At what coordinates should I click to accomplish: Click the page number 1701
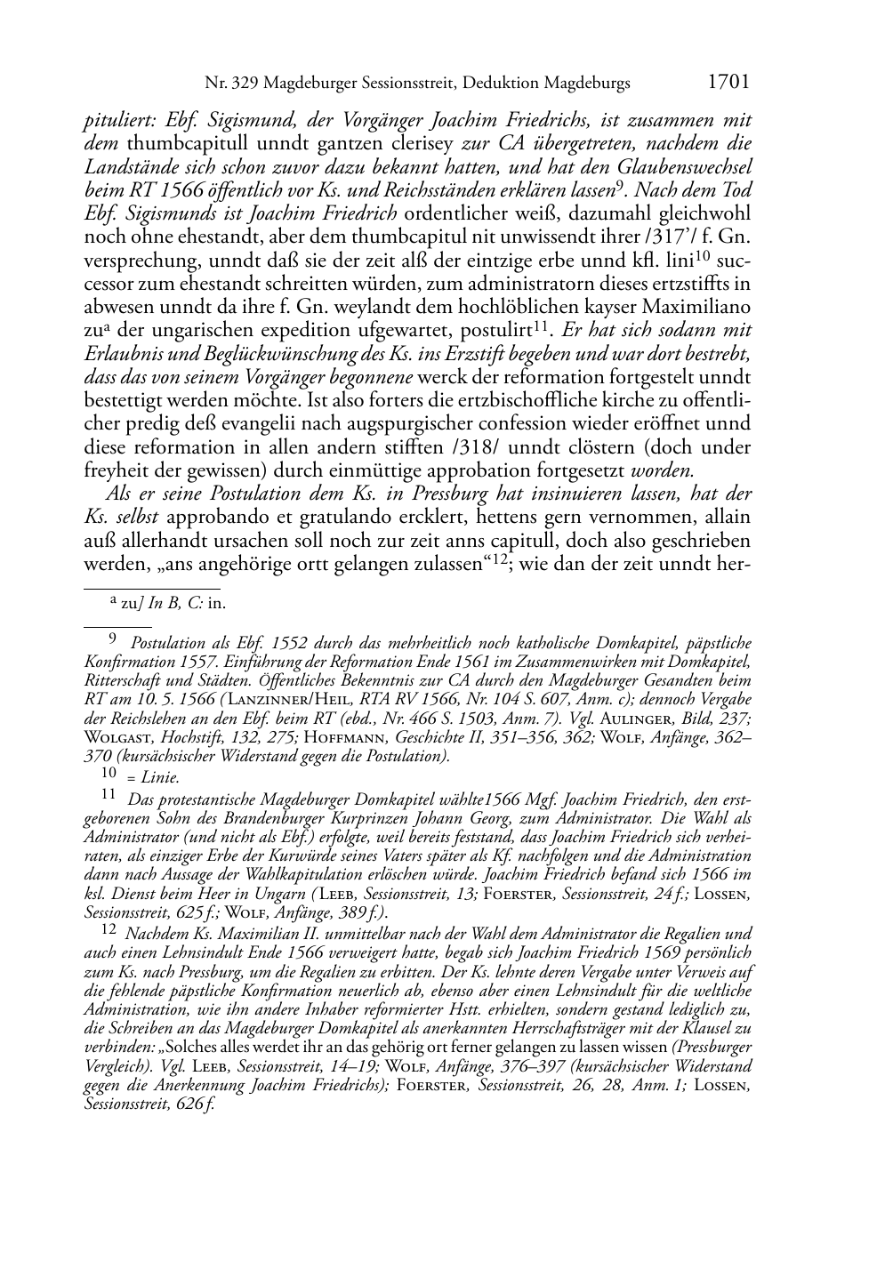(x=728, y=83)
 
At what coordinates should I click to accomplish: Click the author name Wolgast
(x=118, y=737)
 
